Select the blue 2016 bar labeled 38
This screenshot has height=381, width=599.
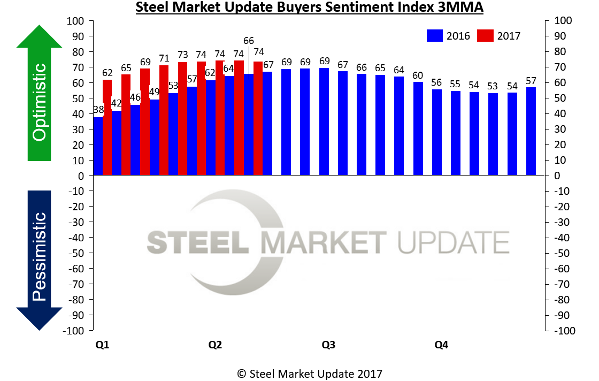click(97, 146)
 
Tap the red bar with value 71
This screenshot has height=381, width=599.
click(164, 120)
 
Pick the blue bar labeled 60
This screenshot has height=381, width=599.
click(418, 128)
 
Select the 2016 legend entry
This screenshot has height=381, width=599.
click(448, 36)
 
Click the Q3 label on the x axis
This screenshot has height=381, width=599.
click(328, 345)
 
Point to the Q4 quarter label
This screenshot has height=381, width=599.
click(441, 345)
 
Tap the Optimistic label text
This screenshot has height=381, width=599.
click(39, 102)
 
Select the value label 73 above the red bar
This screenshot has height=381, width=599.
click(183, 55)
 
